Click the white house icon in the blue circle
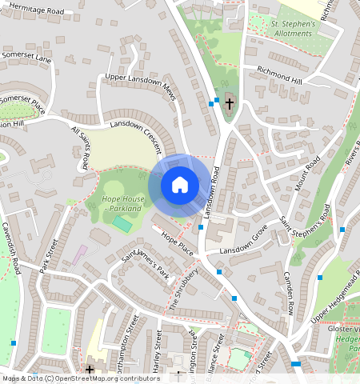tap(180, 185)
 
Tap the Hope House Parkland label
tap(122, 203)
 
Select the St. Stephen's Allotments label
tap(294, 28)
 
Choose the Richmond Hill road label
tap(274, 75)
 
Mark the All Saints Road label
tap(80, 148)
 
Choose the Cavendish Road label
tap(14, 248)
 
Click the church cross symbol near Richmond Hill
tap(230, 102)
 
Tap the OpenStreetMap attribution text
tap(70, 378)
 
